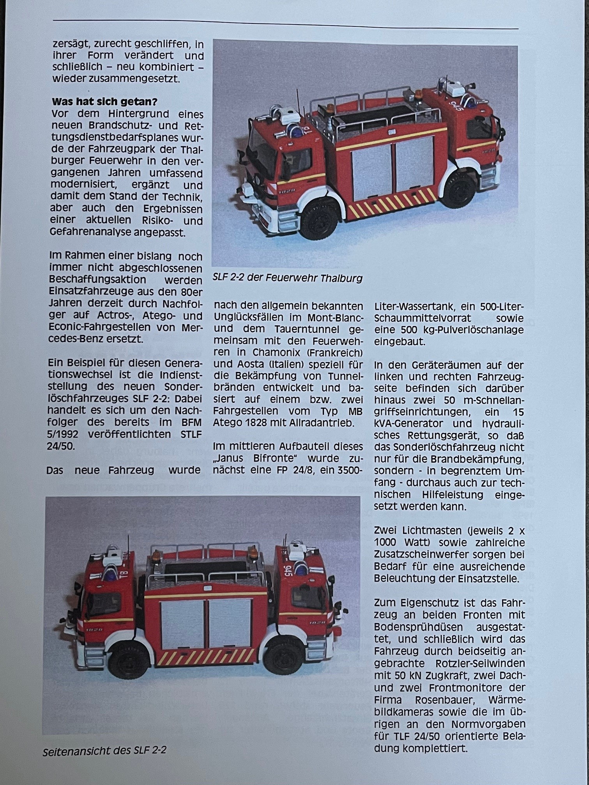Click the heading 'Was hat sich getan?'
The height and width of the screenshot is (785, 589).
pyautogui.click(x=104, y=102)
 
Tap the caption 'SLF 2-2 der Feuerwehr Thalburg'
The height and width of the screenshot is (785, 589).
pyautogui.click(x=287, y=278)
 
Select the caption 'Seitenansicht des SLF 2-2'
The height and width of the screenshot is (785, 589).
pyautogui.click(x=104, y=750)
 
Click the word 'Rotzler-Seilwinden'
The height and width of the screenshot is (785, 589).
pyautogui.click(x=478, y=663)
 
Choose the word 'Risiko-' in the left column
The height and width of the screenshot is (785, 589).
pyautogui.click(x=158, y=220)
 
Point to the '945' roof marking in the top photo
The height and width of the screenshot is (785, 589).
pyautogui.click(x=456, y=105)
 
